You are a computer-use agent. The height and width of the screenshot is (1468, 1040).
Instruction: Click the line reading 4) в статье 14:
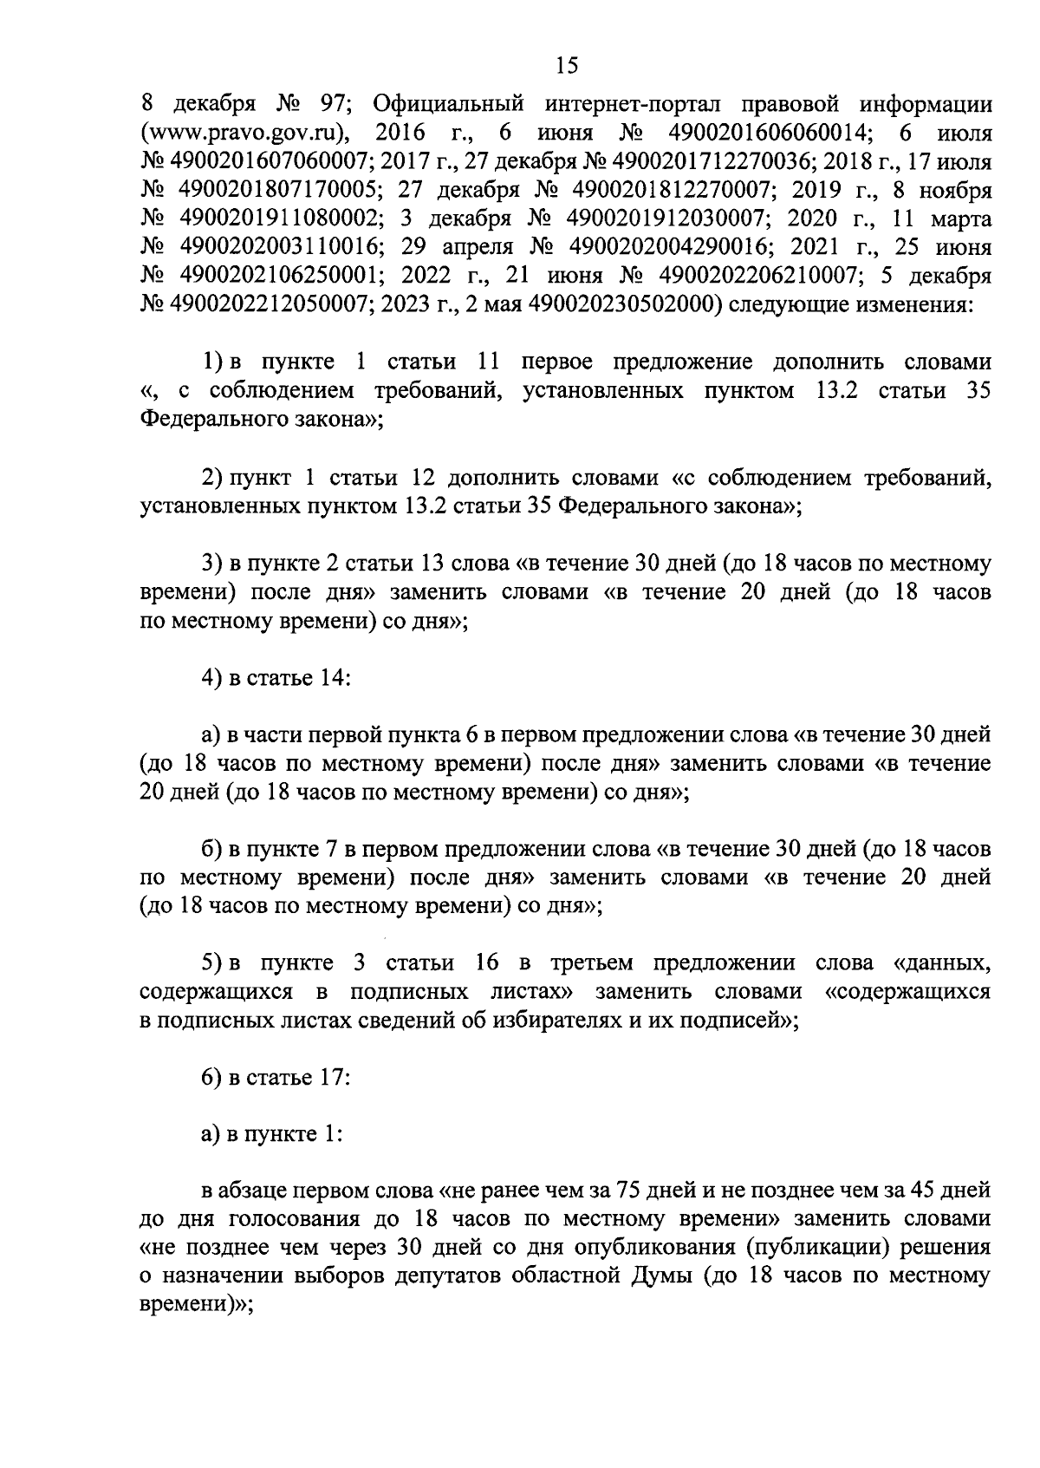click(x=276, y=677)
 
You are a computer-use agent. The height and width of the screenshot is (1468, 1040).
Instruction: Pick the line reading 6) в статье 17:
click(x=276, y=1078)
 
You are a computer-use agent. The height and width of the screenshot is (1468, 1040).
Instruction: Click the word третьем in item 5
click(x=590, y=963)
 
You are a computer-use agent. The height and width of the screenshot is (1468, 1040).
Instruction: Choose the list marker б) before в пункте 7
click(x=213, y=849)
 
